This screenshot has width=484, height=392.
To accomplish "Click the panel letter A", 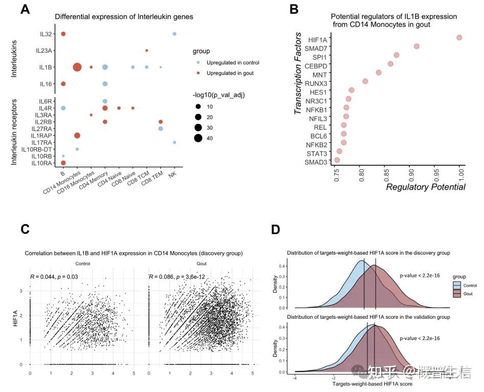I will pyautogui.click(x=25, y=10).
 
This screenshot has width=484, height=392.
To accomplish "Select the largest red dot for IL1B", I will pyautogui.click(x=77, y=67).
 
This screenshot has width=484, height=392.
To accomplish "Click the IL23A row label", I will pyautogui.click(x=47, y=51).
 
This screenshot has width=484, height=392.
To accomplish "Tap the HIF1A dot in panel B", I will pyautogui.click(x=459, y=37).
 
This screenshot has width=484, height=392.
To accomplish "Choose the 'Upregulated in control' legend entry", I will pyautogui.click(x=233, y=62).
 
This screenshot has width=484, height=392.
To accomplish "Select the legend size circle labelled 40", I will pyautogui.click(x=197, y=138).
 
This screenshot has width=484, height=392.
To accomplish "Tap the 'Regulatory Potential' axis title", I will pyautogui.click(x=425, y=187).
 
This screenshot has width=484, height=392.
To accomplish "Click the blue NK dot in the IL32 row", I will pyautogui.click(x=174, y=34).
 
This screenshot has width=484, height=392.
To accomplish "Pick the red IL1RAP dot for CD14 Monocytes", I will pyautogui.click(x=77, y=135).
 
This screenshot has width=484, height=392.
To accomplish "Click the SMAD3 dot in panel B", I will pyautogui.click(x=337, y=160).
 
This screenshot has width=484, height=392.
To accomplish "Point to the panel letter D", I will pyautogui.click(x=275, y=230).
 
